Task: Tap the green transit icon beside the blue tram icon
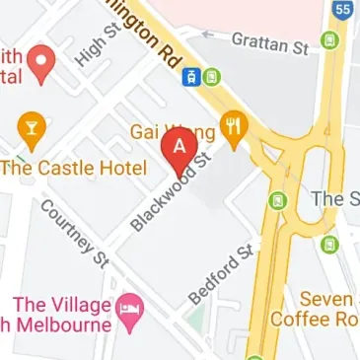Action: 212,77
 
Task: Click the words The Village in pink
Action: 58,304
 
